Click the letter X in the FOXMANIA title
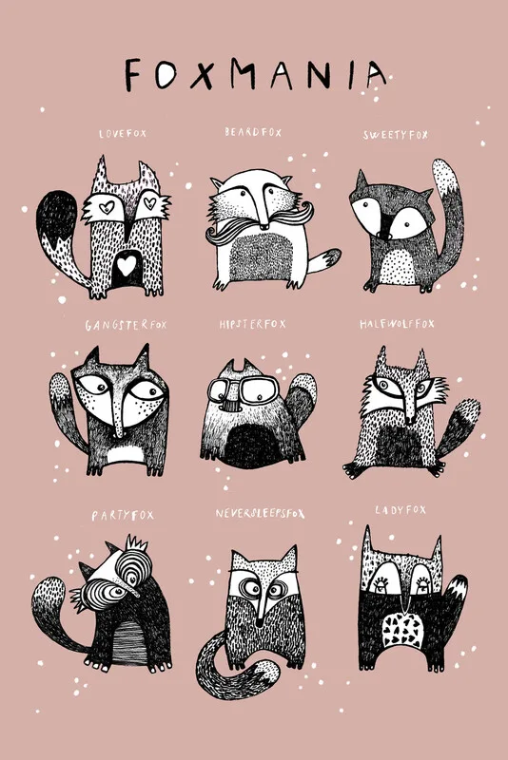[203, 75]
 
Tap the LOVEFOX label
[123, 133]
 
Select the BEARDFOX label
[253, 132]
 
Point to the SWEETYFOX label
[396, 135]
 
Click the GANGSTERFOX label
[127, 325]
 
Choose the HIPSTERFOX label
[252, 324]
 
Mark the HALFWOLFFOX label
[397, 324]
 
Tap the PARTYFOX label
[123, 515]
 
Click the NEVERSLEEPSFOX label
[260, 513]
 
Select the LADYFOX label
[401, 510]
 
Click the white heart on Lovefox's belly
[127, 265]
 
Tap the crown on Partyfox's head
[136, 544]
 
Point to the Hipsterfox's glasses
[244, 389]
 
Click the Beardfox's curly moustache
[260, 223]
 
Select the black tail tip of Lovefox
[57, 214]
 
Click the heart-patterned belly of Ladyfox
[401, 630]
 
